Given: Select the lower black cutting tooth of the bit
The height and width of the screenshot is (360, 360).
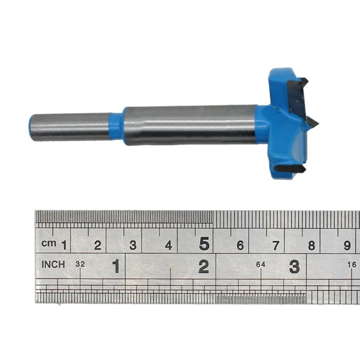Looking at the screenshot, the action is point(290,168).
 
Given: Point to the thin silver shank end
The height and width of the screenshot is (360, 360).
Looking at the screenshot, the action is point(70,127).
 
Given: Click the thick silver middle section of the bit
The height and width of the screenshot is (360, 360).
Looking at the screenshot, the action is point(190,125).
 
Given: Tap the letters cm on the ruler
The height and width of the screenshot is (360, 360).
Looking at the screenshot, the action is point(49,243).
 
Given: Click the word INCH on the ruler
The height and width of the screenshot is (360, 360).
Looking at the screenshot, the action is point(53,265).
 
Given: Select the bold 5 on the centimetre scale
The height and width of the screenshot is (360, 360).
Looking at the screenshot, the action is point(204,243).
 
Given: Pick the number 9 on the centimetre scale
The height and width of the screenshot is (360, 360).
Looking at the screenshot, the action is point(347,245).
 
